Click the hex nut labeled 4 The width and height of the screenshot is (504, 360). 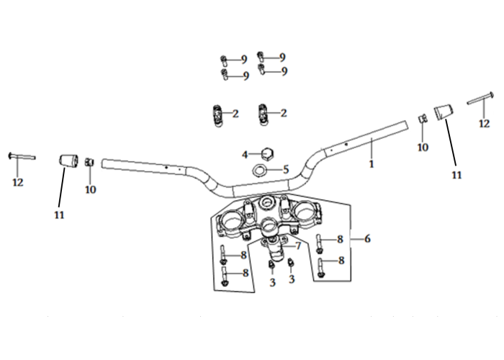pyautogui.click(x=267, y=154)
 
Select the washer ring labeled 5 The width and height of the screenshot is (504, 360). pyautogui.click(x=259, y=169)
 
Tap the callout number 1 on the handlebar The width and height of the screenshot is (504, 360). pyautogui.click(x=372, y=164)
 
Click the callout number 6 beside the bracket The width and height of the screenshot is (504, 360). pyautogui.click(x=367, y=239)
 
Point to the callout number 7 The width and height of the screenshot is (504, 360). pyautogui.click(x=298, y=246)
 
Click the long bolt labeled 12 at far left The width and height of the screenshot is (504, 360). pyautogui.click(x=22, y=156)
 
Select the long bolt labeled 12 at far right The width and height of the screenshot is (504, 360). pyautogui.click(x=480, y=98)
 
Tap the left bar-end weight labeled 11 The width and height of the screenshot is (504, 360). pyautogui.click(x=68, y=161)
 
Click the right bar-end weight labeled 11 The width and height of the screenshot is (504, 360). pyautogui.click(x=444, y=112)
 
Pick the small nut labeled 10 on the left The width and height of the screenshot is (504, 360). pyautogui.click(x=89, y=162)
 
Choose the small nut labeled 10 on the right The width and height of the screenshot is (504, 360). pyautogui.click(x=423, y=118)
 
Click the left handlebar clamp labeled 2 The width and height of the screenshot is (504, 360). pyautogui.click(x=218, y=115)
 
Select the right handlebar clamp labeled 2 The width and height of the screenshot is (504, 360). pyautogui.click(x=263, y=114)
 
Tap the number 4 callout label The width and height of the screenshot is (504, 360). pyautogui.click(x=245, y=155)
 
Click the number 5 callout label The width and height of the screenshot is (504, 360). pyautogui.click(x=286, y=169)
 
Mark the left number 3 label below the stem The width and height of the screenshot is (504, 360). pyautogui.click(x=273, y=282)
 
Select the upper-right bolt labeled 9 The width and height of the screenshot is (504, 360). pyautogui.click(x=261, y=57)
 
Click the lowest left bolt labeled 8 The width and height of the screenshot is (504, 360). pyautogui.click(x=225, y=277)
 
